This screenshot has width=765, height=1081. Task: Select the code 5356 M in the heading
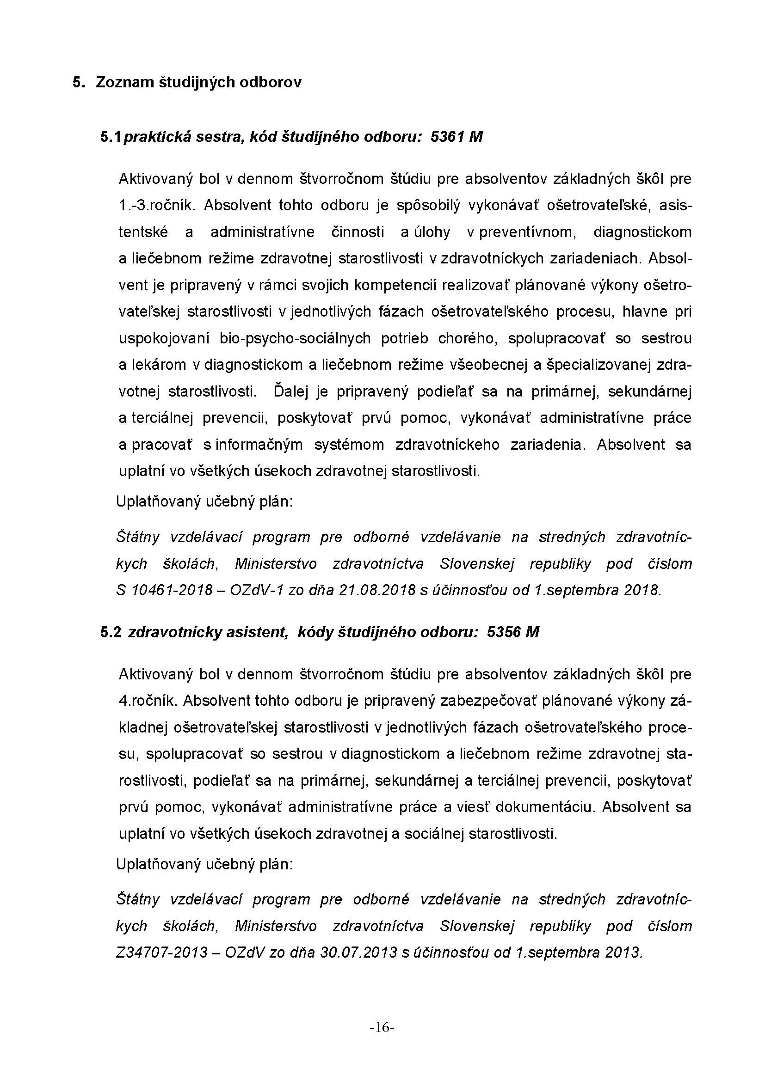[x=513, y=632]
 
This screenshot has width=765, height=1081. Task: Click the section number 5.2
[x=111, y=632]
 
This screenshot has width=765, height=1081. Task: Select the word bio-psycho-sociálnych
[x=295, y=338]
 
